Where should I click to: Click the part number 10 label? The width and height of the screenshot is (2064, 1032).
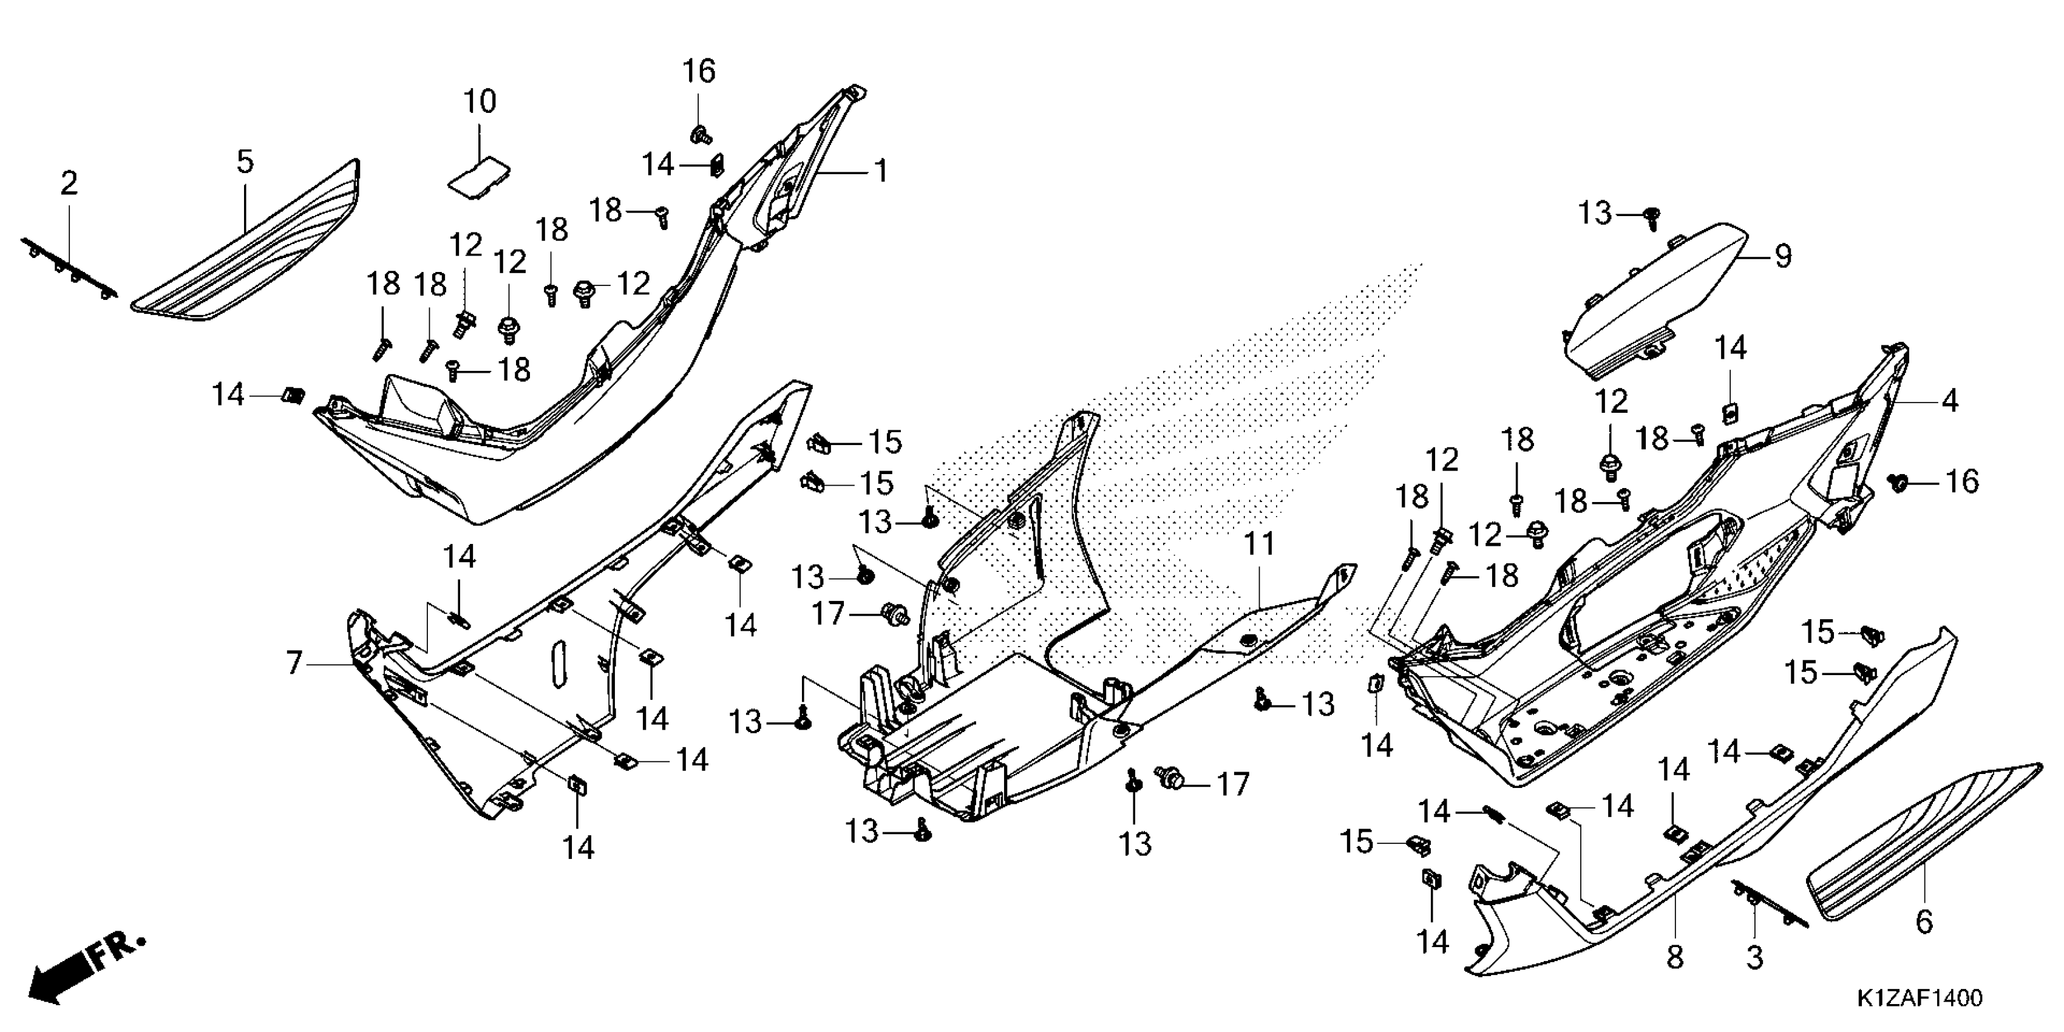(480, 102)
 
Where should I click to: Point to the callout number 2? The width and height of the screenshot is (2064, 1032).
(70, 183)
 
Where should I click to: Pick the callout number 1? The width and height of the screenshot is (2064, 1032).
(881, 171)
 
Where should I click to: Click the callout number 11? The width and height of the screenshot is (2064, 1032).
(1259, 545)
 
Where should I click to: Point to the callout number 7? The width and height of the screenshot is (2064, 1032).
(294, 664)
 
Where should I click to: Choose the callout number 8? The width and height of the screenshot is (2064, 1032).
(1675, 957)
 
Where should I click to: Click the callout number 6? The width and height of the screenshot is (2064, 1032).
(1924, 922)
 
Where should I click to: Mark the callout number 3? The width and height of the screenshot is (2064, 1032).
(1755, 957)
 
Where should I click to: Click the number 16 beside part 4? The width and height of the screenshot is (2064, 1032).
(1962, 481)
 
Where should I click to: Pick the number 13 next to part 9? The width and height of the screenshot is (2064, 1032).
(1595, 214)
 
